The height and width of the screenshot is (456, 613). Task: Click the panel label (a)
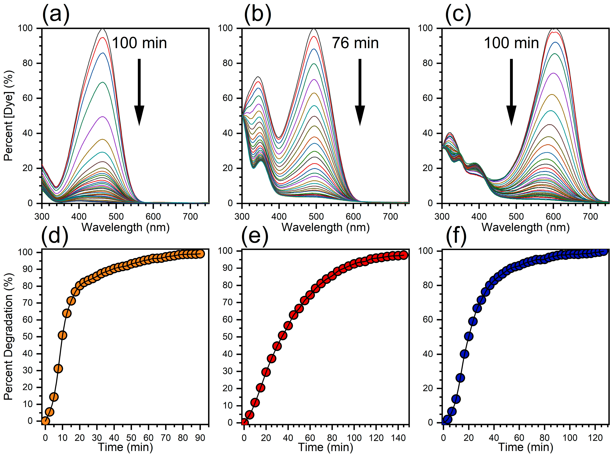56,14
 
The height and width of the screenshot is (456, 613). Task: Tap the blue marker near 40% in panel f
465,354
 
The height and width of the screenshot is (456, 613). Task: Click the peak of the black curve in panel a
103,29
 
